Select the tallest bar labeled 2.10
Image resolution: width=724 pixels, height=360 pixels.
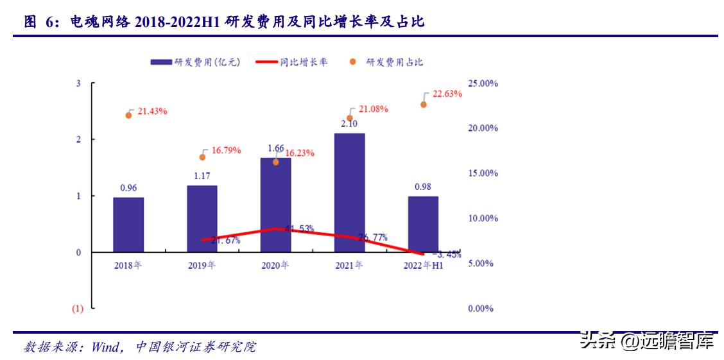pos(350,193)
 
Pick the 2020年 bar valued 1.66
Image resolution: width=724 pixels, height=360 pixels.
pos(276,205)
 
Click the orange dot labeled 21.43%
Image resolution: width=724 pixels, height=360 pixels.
pos(128,115)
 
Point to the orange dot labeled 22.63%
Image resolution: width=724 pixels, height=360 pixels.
pos(424,104)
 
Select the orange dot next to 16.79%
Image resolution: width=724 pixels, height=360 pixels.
pos(202,157)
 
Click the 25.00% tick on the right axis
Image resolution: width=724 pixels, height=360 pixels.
pos(483,83)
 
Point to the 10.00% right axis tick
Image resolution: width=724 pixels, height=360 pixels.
pos(483,218)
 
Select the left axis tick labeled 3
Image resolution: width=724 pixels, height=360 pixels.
pos(78,83)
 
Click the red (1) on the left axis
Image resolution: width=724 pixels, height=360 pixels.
pos(78,309)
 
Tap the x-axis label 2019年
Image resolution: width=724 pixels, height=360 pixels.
pos(202,265)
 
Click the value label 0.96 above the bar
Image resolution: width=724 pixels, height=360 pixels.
pos(128,188)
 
